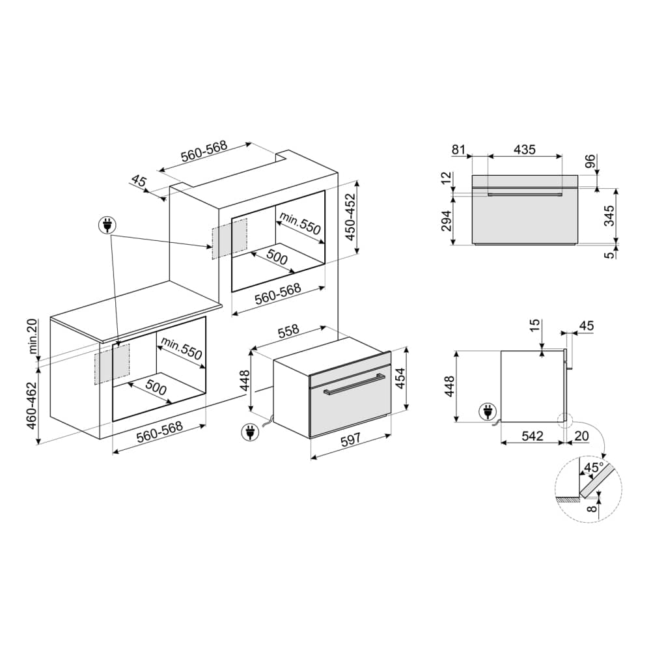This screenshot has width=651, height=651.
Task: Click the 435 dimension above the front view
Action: click(525, 150)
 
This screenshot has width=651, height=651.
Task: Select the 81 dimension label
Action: click(459, 150)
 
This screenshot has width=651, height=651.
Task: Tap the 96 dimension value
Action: click(590, 161)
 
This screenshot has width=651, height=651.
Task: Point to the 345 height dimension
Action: click(609, 215)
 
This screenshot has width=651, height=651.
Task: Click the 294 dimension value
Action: click(446, 221)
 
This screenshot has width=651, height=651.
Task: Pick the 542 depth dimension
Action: click(533, 436)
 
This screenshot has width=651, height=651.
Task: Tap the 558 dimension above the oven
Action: click(288, 331)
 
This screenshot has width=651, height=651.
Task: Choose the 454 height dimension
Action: click(400, 379)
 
